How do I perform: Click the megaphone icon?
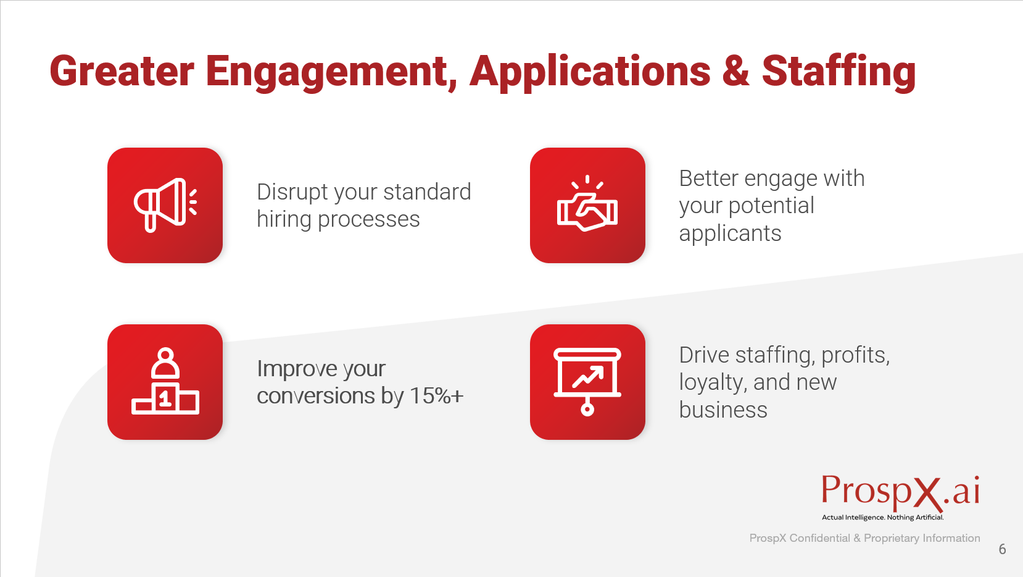pos(165,205)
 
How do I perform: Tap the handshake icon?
pos(587,204)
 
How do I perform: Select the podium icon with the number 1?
pos(165,382)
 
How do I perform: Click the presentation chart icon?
pos(587,382)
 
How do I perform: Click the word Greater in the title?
pos(122,71)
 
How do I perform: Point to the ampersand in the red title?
pos(735,71)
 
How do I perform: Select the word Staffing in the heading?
pos(839,72)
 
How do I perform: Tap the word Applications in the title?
pos(590,72)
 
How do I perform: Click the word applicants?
pos(730,234)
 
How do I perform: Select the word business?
pos(723,410)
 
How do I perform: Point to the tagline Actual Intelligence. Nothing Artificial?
pos(882,518)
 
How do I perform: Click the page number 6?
pos(1002,549)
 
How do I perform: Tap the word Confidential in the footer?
pos(819,538)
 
